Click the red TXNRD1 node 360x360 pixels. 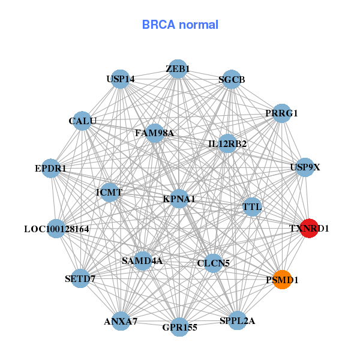tap(309, 228)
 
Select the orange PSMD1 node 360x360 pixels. tap(282, 280)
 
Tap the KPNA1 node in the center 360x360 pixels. tap(179, 199)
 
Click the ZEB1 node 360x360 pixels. tap(178, 69)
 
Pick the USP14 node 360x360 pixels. tap(121, 79)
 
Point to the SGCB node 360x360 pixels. tap(232, 80)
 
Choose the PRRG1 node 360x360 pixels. tap(281, 113)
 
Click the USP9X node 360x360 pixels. tap(305, 167)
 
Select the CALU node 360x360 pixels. tap(83, 121)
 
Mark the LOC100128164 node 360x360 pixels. tap(56, 229)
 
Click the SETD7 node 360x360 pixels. tap(80, 279)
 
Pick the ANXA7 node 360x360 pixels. tap(121, 321)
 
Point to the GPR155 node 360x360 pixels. tap(179, 327)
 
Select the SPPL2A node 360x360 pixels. tap(238, 320)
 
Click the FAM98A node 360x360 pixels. tap(155, 133)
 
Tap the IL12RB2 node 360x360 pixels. tap(227, 144)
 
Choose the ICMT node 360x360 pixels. tap(109, 193)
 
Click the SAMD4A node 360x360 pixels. tap(142, 261)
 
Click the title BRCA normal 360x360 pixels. tap(180, 25)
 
